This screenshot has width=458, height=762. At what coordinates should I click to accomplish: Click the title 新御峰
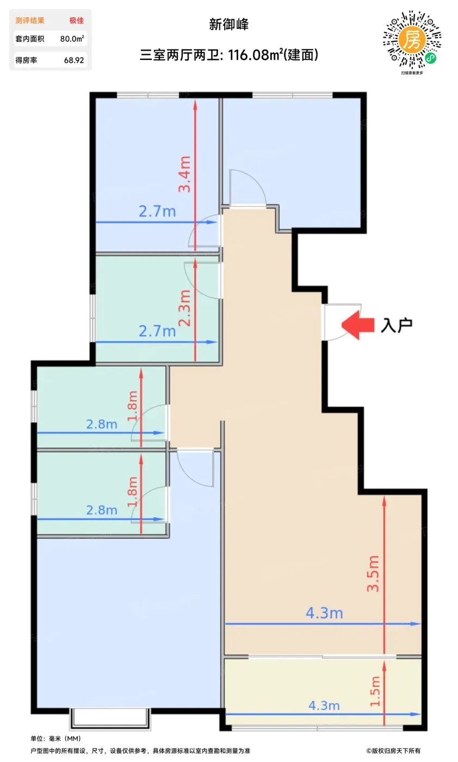click(x=228, y=24)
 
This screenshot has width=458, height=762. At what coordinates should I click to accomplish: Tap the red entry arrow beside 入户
click(x=358, y=325)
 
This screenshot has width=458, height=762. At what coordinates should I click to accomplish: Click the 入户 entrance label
click(x=397, y=325)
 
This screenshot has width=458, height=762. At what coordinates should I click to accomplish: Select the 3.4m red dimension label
click(x=184, y=174)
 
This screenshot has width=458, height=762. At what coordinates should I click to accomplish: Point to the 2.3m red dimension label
click(x=184, y=308)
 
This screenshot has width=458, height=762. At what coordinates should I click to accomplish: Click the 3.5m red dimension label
click(x=373, y=574)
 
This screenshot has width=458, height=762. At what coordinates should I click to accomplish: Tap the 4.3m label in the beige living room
click(x=324, y=613)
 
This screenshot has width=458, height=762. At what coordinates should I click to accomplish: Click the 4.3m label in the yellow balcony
click(x=324, y=705)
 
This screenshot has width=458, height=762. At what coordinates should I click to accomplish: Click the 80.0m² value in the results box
click(x=72, y=39)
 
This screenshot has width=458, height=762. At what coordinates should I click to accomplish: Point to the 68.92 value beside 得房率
click(x=74, y=60)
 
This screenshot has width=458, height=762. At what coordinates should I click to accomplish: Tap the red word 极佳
click(x=77, y=21)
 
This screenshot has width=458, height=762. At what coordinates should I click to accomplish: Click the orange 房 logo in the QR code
click(x=412, y=40)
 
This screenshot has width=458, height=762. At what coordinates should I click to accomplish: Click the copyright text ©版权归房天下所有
click(x=393, y=751)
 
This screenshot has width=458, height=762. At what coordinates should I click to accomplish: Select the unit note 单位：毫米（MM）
click(x=56, y=739)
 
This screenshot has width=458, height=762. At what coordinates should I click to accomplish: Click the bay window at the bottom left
click(x=110, y=718)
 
